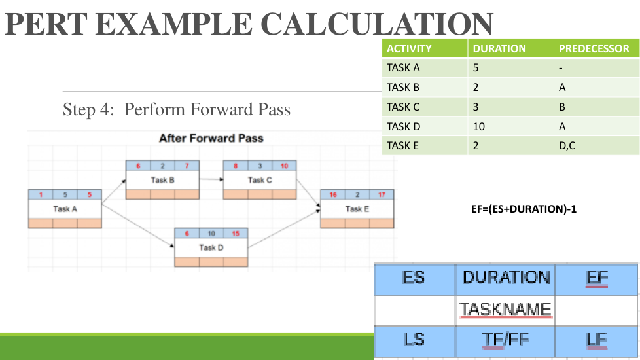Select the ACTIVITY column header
[x=409, y=48]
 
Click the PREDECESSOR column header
[x=594, y=48]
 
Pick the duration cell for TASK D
[x=479, y=126]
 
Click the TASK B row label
[x=403, y=87]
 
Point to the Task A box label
[x=65, y=209]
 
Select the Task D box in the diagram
[x=211, y=248]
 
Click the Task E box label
[x=357, y=209]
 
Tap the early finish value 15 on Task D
[x=236, y=234]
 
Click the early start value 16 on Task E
[x=333, y=194]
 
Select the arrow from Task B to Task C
[x=211, y=178]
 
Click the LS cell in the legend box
[x=414, y=340]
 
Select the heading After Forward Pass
[x=211, y=138]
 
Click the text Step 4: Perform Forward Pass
[x=177, y=109]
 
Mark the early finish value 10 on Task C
[x=284, y=166]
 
